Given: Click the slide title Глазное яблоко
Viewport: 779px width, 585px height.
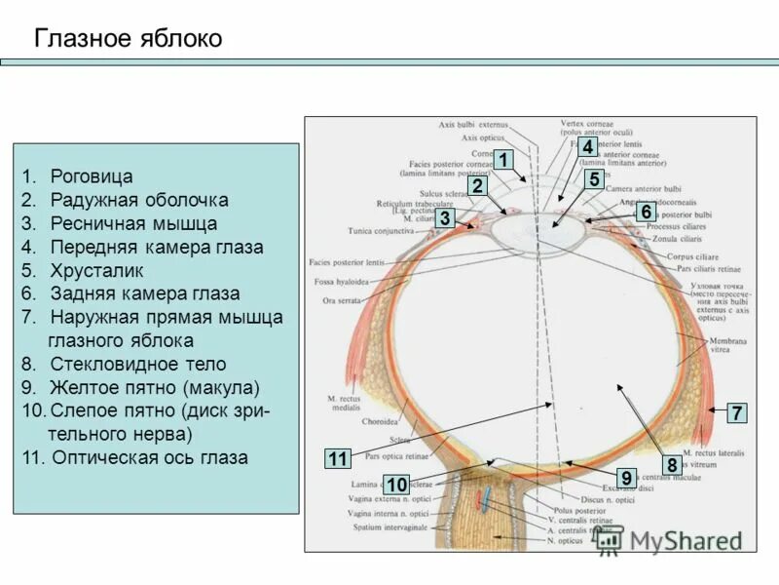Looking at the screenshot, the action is tap(129, 39).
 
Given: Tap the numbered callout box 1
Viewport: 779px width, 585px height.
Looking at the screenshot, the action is tap(502, 159).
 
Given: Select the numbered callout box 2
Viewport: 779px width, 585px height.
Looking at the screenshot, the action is tap(477, 186).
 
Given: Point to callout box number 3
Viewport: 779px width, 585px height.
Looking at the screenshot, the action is tap(445, 218).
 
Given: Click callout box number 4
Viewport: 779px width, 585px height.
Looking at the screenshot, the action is tap(587, 147).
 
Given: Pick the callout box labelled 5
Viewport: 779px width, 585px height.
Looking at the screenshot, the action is tap(593, 179).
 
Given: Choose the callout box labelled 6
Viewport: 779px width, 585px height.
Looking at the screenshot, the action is tap(645, 212).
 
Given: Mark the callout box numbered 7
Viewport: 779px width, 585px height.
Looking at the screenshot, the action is tap(737, 412).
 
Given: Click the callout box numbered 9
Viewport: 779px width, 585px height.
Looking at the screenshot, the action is tap(627, 478).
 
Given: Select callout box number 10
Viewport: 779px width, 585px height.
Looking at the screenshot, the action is tap(396, 485).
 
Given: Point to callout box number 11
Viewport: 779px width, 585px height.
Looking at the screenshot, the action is tap(338, 459).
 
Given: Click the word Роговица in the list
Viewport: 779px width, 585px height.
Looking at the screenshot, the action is tap(92, 176).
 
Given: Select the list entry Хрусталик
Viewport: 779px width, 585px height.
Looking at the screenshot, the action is tap(97, 270).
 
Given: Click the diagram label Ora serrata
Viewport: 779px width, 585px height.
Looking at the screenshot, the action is tap(342, 301).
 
